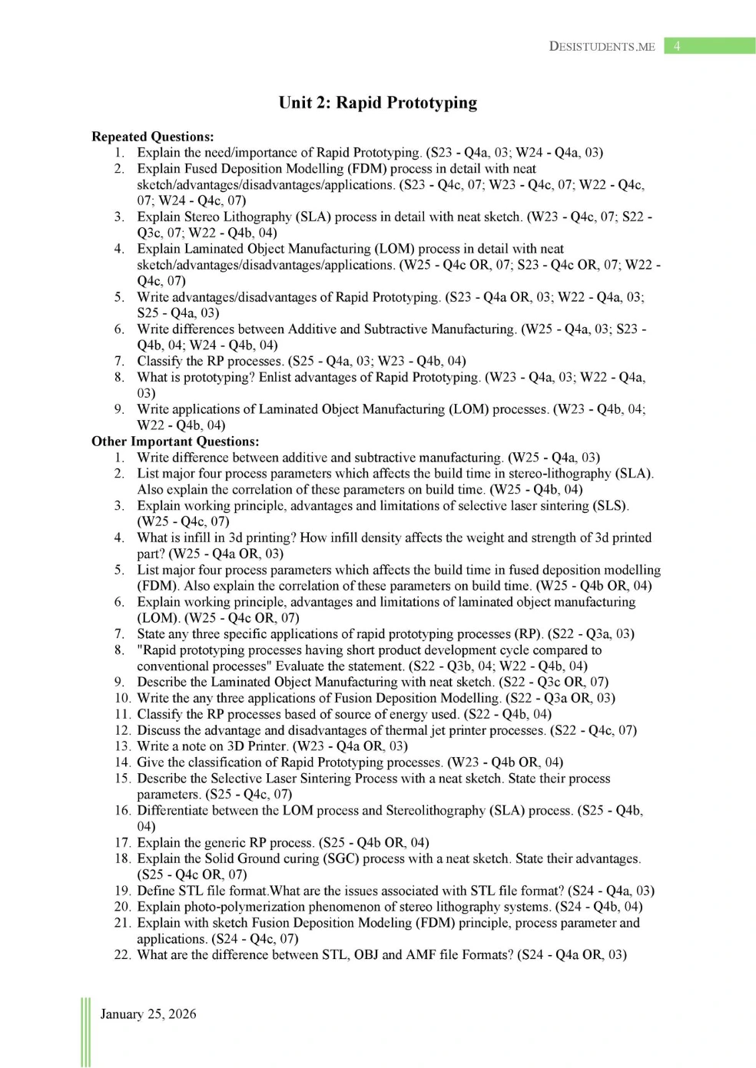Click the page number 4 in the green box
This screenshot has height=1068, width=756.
coord(677,46)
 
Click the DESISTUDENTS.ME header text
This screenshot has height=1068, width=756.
coord(602,47)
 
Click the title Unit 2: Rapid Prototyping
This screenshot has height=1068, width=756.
coord(377,103)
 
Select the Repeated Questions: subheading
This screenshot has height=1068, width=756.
coord(152,137)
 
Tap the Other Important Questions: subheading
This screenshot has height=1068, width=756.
coord(175,441)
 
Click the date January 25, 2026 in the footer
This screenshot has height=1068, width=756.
coord(148,1014)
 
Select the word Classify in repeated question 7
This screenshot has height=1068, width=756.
coord(160,361)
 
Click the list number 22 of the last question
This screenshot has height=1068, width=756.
coord(122,954)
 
